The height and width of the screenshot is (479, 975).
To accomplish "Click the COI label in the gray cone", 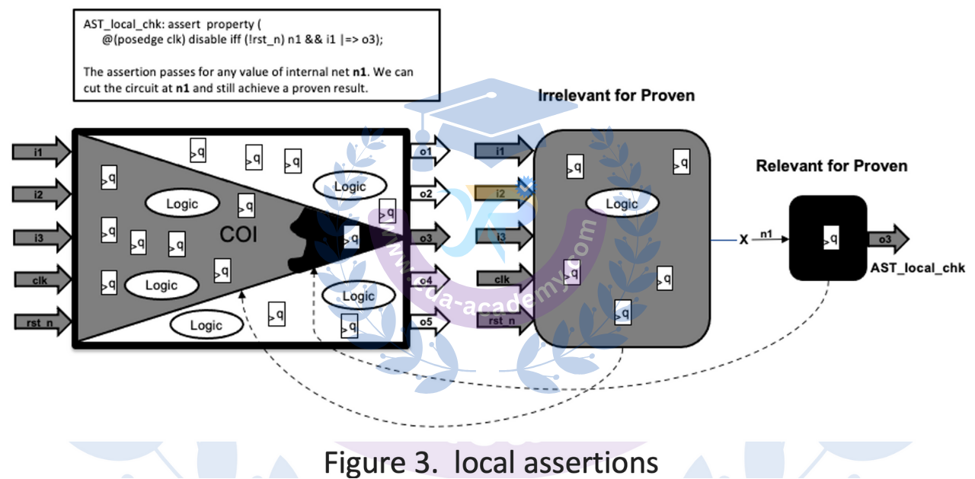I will [x=238, y=235].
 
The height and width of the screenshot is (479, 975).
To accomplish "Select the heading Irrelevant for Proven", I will [x=615, y=97].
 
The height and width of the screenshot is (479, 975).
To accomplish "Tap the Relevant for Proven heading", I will [x=831, y=166].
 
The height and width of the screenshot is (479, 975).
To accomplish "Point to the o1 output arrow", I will [x=429, y=151].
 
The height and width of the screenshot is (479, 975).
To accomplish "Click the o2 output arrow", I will [x=429, y=193].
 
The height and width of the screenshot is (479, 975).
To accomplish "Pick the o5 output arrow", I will [x=429, y=321].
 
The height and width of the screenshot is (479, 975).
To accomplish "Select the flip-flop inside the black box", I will [x=830, y=239].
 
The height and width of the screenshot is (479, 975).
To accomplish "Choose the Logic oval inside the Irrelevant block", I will [x=622, y=204].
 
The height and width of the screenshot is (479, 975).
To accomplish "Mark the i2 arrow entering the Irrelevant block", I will [x=503, y=193].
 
